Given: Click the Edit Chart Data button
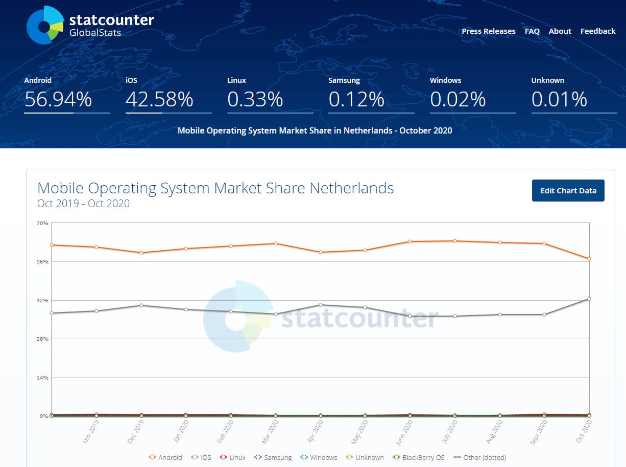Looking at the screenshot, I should pyautogui.click(x=568, y=191).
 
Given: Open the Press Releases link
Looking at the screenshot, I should pyautogui.click(x=488, y=31).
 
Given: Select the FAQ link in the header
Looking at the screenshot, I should pyautogui.click(x=532, y=31).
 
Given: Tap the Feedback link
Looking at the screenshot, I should pyautogui.click(x=597, y=31).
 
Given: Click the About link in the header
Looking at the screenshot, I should pyautogui.click(x=560, y=31).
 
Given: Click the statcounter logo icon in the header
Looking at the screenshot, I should pyautogui.click(x=45, y=25).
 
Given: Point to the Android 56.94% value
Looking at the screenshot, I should pyautogui.click(x=58, y=99).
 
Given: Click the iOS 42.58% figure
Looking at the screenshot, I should pyautogui.click(x=159, y=99).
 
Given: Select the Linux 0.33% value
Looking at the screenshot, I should pyautogui.click(x=255, y=99).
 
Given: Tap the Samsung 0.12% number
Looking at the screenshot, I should pyautogui.click(x=356, y=99).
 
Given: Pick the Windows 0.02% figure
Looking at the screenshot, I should pyautogui.click(x=458, y=99).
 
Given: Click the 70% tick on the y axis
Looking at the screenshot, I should pyautogui.click(x=42, y=223).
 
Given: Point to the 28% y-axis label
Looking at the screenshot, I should pyautogui.click(x=42, y=339).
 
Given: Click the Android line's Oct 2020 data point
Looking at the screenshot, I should pyautogui.click(x=589, y=259).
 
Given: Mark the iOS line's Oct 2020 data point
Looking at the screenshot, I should pyautogui.click(x=589, y=299).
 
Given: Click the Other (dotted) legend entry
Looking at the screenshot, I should pyautogui.click(x=479, y=457).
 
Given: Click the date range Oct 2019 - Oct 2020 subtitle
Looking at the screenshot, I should pyautogui.click(x=83, y=204).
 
